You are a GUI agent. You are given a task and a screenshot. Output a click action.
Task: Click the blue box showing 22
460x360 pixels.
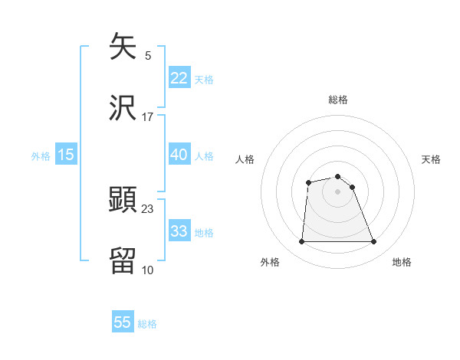[179, 78]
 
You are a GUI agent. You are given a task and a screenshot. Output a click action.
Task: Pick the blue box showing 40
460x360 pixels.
[179, 155]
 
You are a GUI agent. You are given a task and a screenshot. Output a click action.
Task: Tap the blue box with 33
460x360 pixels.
[179, 231]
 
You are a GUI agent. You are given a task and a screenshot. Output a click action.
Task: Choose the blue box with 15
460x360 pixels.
[66, 155]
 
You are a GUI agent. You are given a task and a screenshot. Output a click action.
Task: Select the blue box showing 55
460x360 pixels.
[123, 322]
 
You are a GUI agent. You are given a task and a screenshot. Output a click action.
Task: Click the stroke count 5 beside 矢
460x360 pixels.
[148, 56]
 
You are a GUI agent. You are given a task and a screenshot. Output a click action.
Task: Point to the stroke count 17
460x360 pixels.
[148, 117]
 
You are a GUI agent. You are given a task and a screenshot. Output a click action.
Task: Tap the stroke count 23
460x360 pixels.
[148, 208]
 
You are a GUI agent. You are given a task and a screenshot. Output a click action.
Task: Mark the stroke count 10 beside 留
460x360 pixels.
[148, 270]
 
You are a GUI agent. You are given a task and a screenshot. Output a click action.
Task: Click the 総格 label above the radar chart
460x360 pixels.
[338, 100]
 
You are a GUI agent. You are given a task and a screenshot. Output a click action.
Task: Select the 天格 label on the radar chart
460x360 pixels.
[432, 159]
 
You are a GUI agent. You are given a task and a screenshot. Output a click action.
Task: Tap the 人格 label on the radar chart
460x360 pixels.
[245, 159]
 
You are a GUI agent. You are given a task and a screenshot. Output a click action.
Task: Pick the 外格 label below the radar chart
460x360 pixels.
[270, 263]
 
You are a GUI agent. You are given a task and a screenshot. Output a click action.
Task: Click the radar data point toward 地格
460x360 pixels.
[374, 242]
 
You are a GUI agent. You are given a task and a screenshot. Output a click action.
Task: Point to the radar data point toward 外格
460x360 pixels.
[301, 242]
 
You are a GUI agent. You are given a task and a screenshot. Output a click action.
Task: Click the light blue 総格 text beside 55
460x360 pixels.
[147, 324]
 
